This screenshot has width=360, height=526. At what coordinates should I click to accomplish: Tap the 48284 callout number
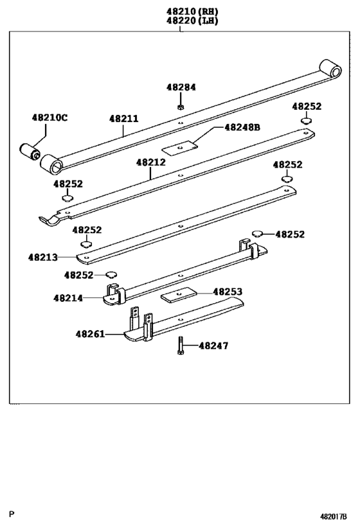(181, 87)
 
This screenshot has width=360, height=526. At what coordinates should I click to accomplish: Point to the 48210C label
(50, 118)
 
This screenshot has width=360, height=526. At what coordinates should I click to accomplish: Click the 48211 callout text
(123, 119)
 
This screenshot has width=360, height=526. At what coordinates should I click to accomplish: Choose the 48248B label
(242, 127)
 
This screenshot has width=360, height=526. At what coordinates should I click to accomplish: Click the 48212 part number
(150, 162)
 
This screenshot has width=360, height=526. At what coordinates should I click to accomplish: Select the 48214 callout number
(68, 298)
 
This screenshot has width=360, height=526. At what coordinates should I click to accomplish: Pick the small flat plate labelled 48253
(177, 296)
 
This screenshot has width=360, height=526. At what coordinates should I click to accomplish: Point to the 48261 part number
(90, 334)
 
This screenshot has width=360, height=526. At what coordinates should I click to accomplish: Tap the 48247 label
(213, 346)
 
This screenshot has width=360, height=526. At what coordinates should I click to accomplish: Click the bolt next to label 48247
(180, 346)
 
